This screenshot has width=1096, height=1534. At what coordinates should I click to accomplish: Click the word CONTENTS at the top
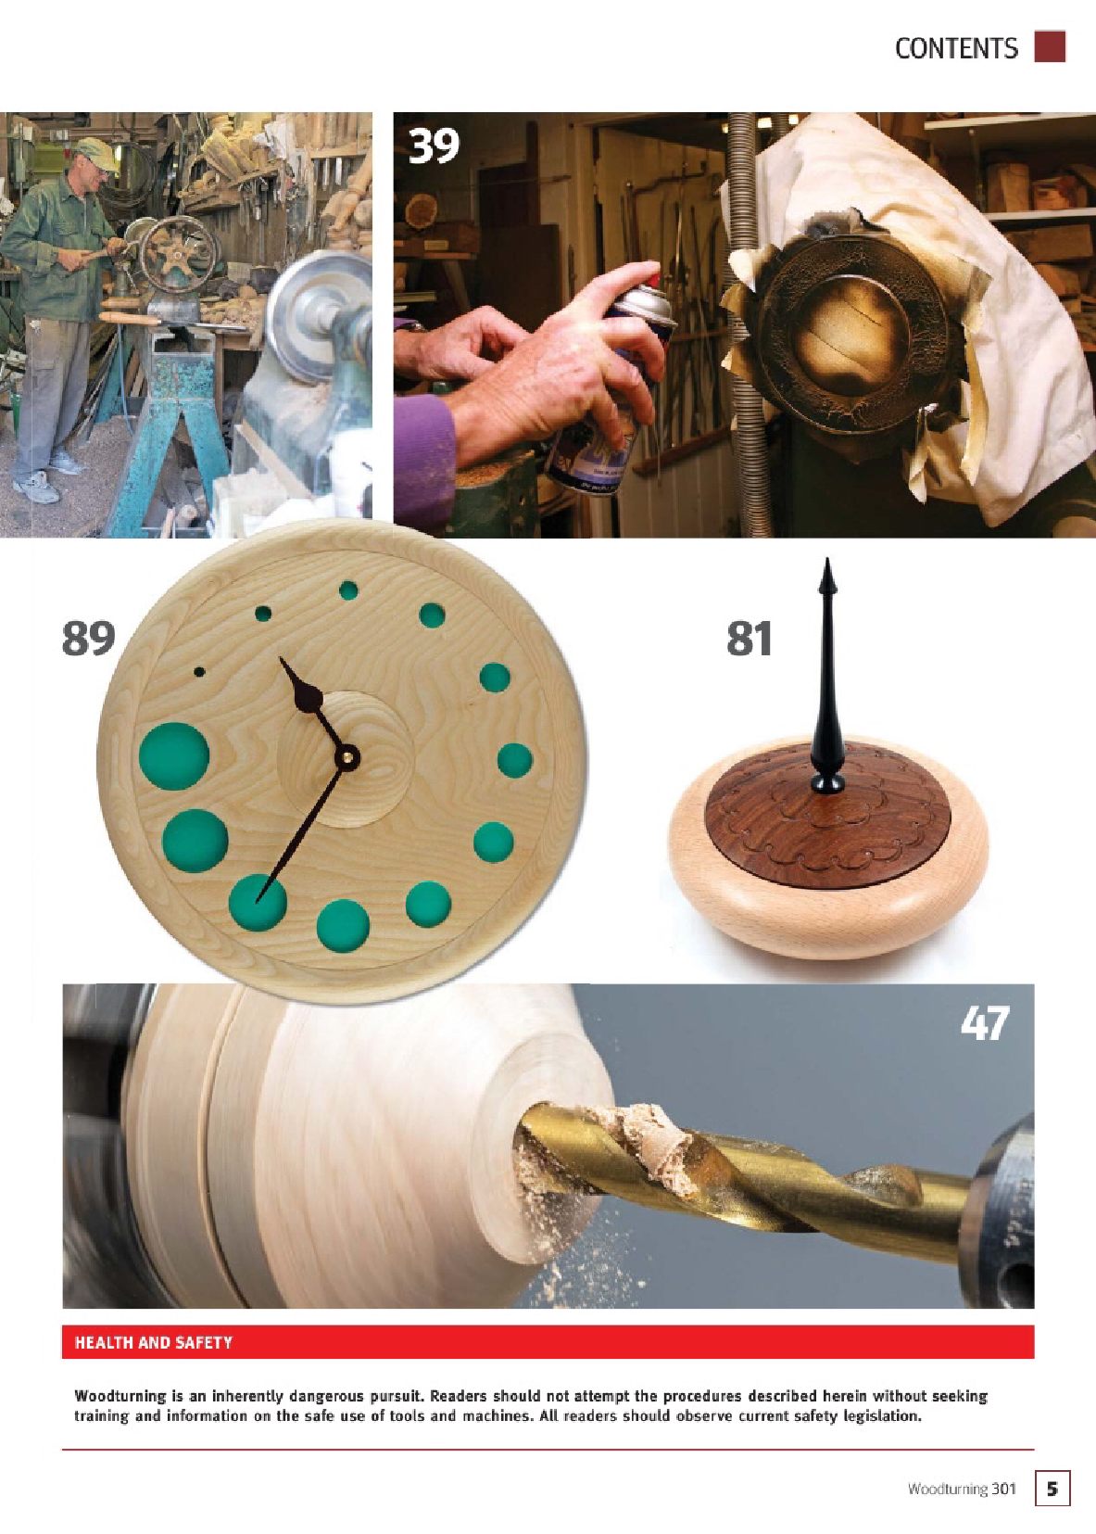tap(956, 48)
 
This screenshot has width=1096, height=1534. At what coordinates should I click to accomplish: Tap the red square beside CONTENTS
tap(1050, 46)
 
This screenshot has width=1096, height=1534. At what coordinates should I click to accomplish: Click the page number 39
tap(434, 146)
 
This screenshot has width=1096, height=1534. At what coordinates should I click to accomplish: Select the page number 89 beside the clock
tap(88, 639)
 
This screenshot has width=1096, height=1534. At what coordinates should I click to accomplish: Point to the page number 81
tap(749, 639)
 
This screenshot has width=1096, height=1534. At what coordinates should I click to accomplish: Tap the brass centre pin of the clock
tap(347, 756)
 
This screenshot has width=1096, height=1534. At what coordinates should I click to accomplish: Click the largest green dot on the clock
tap(174, 756)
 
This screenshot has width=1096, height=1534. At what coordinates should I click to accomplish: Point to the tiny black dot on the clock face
tap(199, 673)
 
